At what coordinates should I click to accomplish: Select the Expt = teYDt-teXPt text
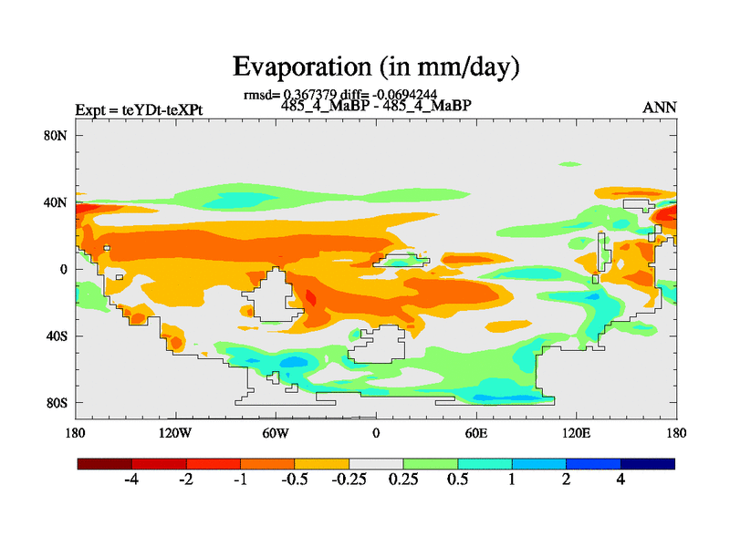point(140,110)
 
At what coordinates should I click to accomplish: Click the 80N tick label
point(57,135)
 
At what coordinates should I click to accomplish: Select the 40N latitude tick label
point(57,201)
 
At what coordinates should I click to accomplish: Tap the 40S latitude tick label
point(57,335)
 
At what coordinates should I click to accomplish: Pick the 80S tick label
point(57,402)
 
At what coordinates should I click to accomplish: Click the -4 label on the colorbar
point(130,480)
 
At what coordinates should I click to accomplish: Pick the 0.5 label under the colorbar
point(457,480)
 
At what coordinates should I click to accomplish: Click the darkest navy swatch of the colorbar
point(648,464)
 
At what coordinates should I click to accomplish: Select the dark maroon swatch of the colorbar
point(105,464)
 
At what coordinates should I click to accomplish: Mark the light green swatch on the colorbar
point(430,464)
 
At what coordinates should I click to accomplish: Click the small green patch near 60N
point(570,164)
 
